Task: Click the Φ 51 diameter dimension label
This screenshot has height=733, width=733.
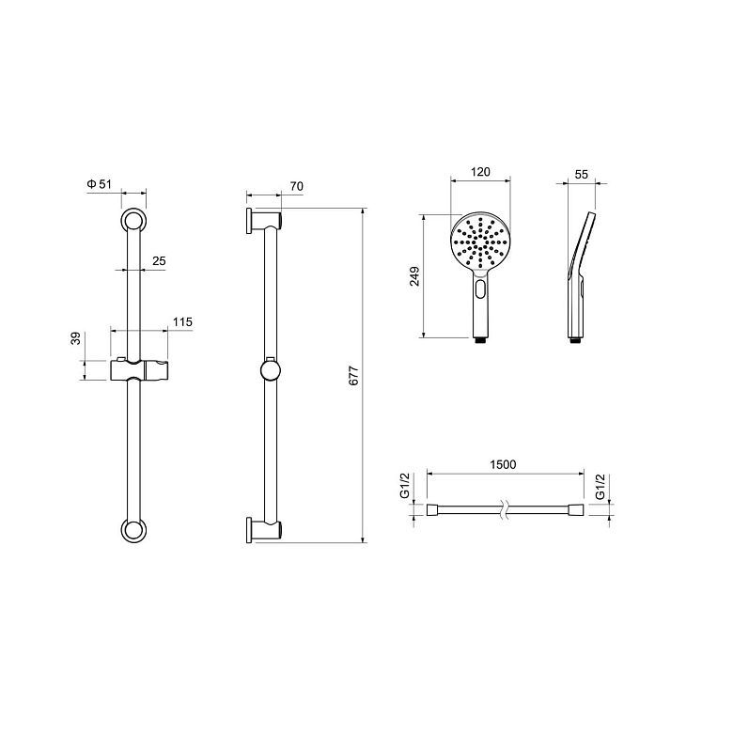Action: pos(99,184)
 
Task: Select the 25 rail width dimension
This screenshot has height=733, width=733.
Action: pos(159,261)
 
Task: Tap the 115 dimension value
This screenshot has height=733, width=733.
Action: pos(182,322)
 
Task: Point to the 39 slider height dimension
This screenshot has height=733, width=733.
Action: pos(76,338)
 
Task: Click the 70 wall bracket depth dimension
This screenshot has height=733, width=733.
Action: pos(296,186)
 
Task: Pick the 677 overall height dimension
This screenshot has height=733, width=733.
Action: pos(354,375)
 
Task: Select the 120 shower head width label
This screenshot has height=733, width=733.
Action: pos(480,172)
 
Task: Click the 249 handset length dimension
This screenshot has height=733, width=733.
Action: pos(414,276)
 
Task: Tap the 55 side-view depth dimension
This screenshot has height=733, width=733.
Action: pos(581,175)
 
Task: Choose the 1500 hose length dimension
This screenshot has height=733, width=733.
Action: pos(503,464)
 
